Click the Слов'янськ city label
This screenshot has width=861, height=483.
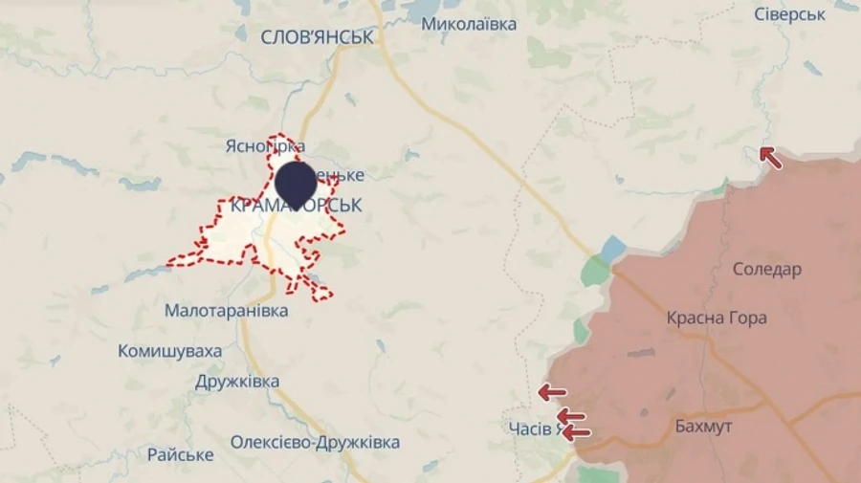317,37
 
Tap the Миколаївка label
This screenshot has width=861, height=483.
469,24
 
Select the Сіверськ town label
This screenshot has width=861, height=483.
789,14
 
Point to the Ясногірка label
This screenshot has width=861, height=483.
265,146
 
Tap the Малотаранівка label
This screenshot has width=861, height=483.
226,311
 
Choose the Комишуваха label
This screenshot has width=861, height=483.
169,351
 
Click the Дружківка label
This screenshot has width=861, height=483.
237,382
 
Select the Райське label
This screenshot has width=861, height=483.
180,454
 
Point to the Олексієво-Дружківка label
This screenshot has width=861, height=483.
315,443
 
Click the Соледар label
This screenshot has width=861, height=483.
766,269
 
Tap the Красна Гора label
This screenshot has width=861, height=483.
717,318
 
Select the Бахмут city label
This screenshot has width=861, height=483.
702,426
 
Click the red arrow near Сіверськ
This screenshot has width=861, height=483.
770,157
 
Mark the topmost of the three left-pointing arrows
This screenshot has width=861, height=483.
551,391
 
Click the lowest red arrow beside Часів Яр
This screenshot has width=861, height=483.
575,432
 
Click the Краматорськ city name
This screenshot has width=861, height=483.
297,206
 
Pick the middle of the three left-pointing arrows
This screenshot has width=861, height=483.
571,415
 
